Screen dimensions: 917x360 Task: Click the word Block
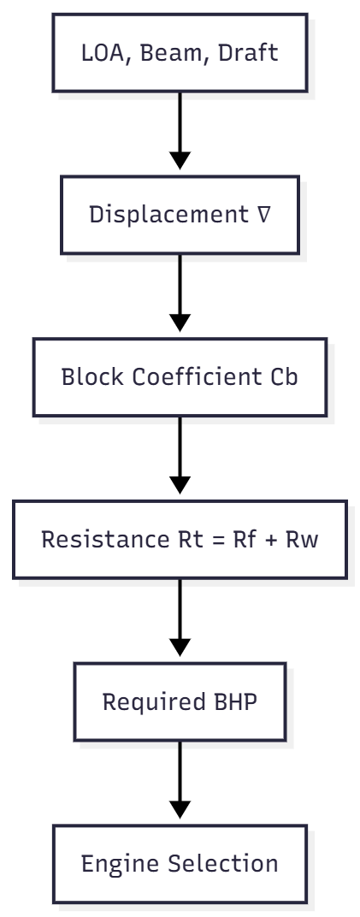click(x=86, y=377)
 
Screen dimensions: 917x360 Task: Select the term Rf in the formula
click(x=226, y=541)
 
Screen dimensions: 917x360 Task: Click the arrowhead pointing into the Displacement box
click(x=180, y=159)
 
